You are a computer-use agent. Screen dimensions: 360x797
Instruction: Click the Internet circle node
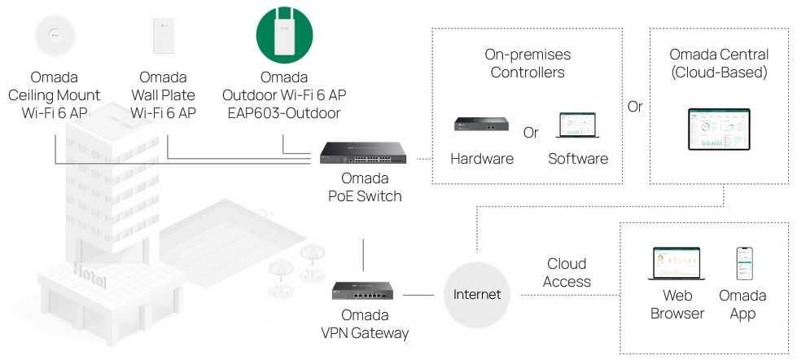477,294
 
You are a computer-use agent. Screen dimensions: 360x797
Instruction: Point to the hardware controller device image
482,125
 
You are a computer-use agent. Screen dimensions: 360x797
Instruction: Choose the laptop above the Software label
577,126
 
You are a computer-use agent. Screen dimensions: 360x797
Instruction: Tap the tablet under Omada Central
719,128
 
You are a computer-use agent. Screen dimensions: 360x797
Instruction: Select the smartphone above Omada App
742,264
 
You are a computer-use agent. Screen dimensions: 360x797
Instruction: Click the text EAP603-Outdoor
282,113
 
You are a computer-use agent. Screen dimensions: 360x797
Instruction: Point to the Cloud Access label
567,273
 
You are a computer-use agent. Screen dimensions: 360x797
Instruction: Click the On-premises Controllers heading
528,64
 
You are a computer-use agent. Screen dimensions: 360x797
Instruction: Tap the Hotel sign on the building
89,275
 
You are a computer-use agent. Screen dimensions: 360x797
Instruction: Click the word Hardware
482,159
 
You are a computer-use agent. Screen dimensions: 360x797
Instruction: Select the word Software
578,159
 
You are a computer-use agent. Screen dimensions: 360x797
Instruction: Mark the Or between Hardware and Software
531,132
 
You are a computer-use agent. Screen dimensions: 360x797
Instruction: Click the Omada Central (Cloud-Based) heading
719,64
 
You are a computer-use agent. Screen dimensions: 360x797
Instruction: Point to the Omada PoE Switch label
365,187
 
